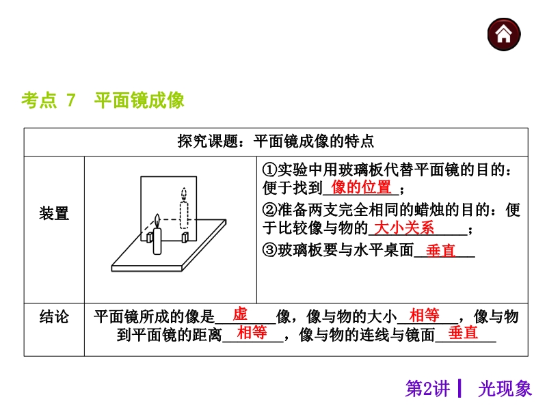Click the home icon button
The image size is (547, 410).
tap(504, 35)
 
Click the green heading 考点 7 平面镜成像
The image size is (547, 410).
tap(103, 100)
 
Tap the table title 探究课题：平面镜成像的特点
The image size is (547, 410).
tap(276, 141)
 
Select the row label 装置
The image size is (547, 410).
tap(54, 213)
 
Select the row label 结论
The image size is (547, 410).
tap(54, 317)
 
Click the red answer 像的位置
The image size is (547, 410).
tap(361, 187)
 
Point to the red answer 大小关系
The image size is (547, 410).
tap(404, 228)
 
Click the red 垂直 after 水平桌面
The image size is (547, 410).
tap(440, 251)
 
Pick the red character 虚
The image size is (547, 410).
tap(240, 314)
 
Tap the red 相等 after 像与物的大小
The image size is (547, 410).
tap(424, 315)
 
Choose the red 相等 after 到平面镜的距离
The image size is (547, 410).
tap(252, 332)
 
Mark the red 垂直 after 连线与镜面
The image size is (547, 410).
tap(464, 332)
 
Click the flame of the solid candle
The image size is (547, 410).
tap(157, 221)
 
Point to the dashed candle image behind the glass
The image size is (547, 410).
tap(184, 208)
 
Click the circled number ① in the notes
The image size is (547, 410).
tap(269, 170)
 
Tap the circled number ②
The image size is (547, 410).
tap(269, 210)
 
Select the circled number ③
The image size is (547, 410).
tap(269, 250)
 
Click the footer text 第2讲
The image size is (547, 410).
tap(427, 388)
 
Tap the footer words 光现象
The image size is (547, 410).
tap(505, 388)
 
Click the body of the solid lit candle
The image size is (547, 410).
tap(157, 241)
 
